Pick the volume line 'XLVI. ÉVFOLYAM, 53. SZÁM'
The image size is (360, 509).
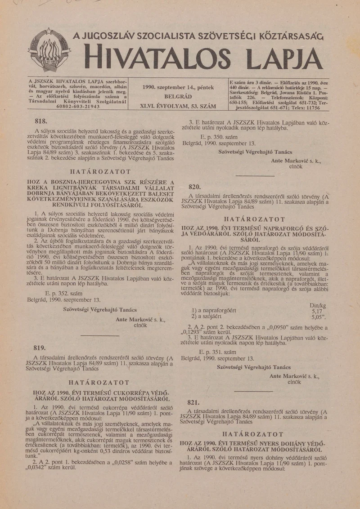point(178,107)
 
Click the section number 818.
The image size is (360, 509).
point(41,121)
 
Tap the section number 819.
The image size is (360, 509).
point(40,348)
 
